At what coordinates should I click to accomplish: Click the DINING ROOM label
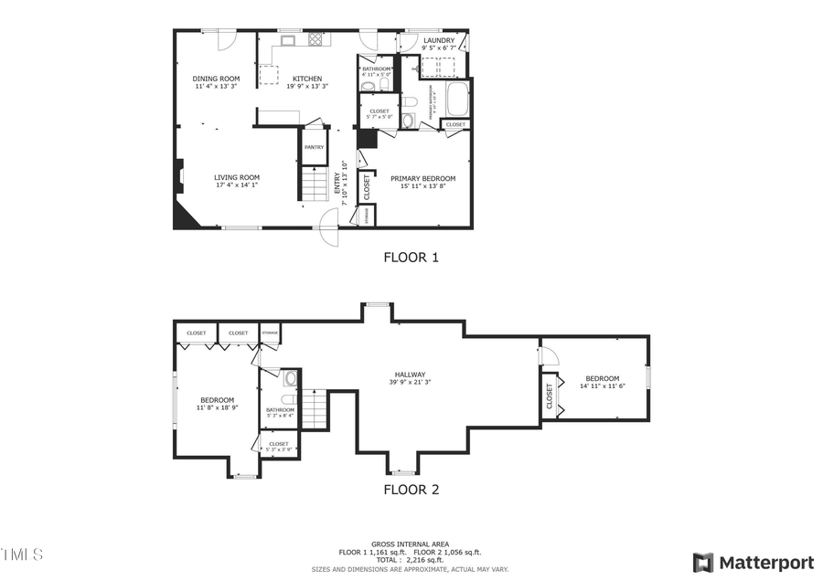coord(216,79)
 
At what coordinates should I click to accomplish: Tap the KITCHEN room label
coord(306,79)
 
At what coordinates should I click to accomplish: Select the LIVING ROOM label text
coord(237,177)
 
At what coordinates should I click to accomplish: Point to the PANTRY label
coord(314,146)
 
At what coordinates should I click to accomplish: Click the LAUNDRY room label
coord(438,40)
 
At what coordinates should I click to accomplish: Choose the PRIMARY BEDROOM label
coord(422,179)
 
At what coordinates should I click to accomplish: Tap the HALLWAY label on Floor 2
coord(410,375)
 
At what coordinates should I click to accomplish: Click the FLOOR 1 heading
coord(411,258)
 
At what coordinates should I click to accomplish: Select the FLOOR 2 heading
coord(411,490)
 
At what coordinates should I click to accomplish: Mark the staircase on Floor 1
coord(314,185)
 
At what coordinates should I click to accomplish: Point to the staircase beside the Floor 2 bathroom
coord(315,408)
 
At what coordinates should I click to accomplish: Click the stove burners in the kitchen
coord(315,39)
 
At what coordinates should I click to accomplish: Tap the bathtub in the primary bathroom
coord(456,99)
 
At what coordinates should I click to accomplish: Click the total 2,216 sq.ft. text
coord(410,560)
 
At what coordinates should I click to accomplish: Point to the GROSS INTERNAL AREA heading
coord(410,544)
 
